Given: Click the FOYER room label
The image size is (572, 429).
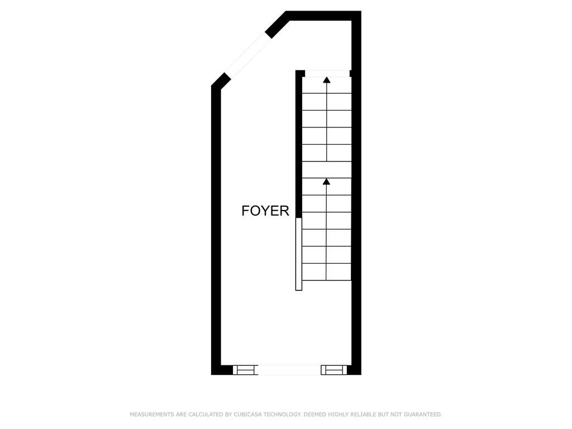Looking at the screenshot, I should [265, 211].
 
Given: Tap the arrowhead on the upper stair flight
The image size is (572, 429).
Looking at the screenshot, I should [326, 80].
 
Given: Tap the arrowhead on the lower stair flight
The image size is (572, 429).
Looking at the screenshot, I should [326, 181].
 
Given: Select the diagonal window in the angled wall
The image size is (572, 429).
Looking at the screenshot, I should [247, 55].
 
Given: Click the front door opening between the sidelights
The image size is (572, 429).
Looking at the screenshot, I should [289, 370].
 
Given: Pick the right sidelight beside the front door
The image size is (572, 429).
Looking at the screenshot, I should [333, 370].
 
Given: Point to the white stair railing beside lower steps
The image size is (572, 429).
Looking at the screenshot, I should [299, 254].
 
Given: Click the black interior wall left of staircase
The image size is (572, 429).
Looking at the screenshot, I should [299, 145].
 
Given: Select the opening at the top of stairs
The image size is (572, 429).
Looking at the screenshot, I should [327, 73].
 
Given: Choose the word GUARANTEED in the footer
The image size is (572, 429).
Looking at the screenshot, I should [423, 414].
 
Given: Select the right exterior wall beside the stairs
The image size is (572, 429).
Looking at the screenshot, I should [356, 223].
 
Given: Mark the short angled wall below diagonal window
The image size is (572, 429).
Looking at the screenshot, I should [220, 81].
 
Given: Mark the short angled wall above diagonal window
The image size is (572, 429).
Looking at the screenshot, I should [277, 25].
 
